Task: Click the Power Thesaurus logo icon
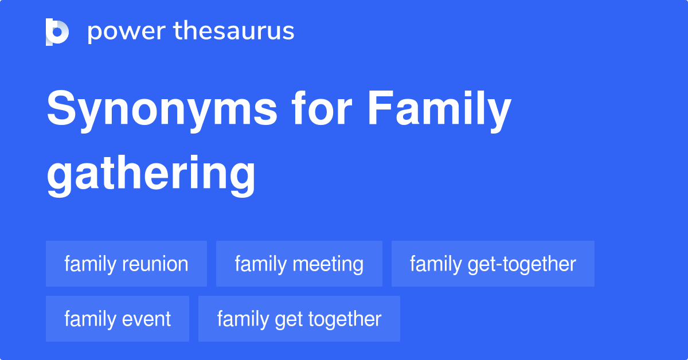tap(57, 32)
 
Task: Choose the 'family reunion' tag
tap(126, 264)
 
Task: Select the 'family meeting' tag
tap(299, 264)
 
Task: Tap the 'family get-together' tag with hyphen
tap(492, 264)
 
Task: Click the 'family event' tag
tap(117, 319)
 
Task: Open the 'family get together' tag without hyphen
tap(299, 319)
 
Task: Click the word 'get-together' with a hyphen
tap(521, 264)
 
